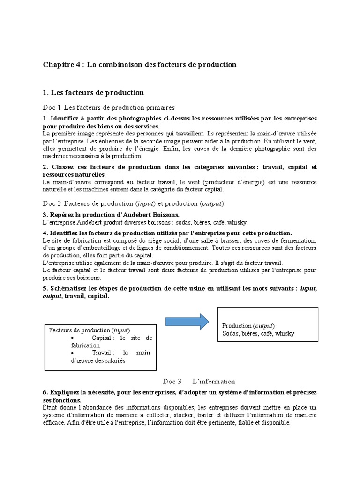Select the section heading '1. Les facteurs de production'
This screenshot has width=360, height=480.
(93, 92)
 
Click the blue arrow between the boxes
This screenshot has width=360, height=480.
(187, 321)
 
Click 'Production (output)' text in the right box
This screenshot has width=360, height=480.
(250, 326)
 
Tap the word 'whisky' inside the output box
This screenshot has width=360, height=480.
(285, 333)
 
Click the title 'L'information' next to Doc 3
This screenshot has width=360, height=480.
(214, 381)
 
